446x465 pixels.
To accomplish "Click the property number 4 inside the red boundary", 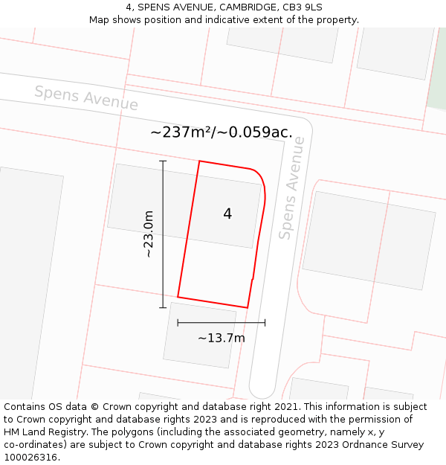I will (227, 214).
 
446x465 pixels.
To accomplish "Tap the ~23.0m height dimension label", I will (149, 234).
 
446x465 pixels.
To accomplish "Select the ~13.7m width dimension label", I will (222, 339).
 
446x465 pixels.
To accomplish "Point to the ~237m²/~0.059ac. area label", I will (222, 132).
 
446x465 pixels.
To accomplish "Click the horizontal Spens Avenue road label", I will (86, 98).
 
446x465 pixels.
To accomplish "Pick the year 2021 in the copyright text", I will (285, 407).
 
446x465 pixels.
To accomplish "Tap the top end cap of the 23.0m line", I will (163, 161).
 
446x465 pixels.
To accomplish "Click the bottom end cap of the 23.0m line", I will (163, 307).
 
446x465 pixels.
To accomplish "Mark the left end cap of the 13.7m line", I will (178, 323).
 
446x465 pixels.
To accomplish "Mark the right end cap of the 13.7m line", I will (265, 323).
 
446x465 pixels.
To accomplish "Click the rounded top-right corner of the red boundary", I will (259, 175).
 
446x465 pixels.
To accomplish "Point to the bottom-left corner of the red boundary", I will (178, 297).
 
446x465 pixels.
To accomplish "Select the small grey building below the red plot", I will (199, 335).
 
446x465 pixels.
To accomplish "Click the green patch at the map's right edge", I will (439, 82).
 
